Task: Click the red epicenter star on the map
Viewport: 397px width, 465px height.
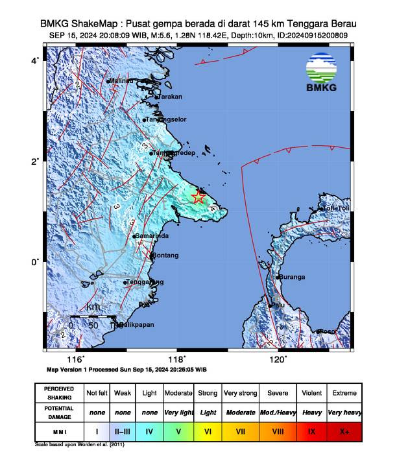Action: pyautogui.click(x=199, y=197)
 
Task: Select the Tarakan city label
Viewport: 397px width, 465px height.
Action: pyautogui.click(x=171, y=97)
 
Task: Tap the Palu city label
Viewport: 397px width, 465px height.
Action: pyautogui.click(x=278, y=305)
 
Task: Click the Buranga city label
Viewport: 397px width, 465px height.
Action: pyautogui.click(x=292, y=277)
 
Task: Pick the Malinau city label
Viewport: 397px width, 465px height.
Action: pyautogui.click(x=121, y=80)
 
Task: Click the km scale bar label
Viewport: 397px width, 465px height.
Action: pyautogui.click(x=93, y=307)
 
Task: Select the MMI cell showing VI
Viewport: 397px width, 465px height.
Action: pyautogui.click(x=208, y=430)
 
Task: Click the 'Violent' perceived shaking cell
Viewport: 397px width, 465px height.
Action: pyautogui.click(x=312, y=394)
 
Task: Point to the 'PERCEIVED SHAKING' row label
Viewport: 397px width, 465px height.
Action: pyautogui.click(x=59, y=393)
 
